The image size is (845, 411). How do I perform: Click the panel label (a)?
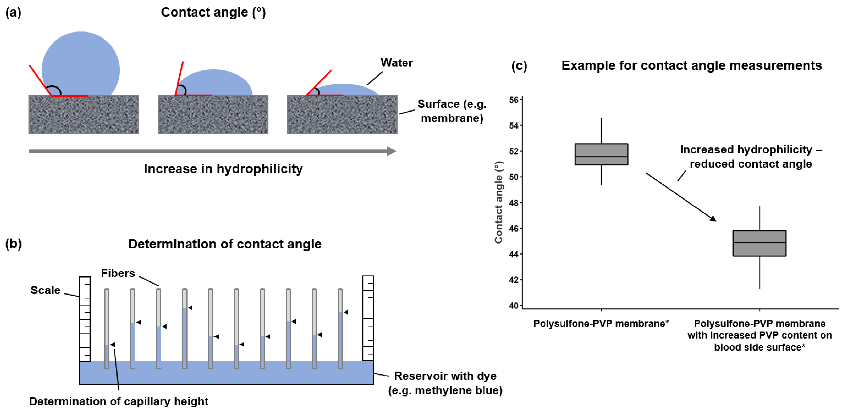[x=13, y=13]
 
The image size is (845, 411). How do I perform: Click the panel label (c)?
[x=519, y=66]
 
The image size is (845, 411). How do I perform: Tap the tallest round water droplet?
[x=81, y=65]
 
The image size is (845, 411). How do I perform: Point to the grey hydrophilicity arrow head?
[x=391, y=151]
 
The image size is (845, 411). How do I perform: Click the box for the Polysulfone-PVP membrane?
[x=601, y=154]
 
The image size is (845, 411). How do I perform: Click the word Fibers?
[x=118, y=273]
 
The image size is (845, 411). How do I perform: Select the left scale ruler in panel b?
[x=85, y=319]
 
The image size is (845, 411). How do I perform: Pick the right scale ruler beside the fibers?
[x=368, y=318]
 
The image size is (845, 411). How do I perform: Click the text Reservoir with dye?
[x=445, y=376]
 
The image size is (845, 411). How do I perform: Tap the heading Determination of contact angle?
[x=225, y=244]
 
